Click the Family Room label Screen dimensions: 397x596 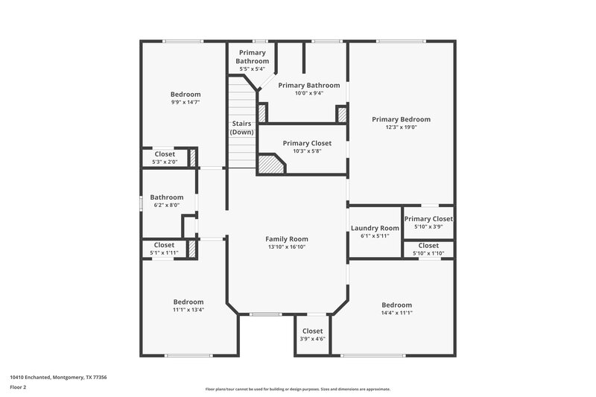click(x=287, y=239)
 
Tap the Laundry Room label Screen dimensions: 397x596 click(x=375, y=228)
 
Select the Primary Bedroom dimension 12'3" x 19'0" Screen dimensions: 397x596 click(x=401, y=127)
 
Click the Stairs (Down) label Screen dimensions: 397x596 click(x=241, y=127)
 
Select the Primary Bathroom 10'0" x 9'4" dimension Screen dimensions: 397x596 click(x=309, y=93)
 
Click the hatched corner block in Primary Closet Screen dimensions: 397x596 click(x=270, y=164)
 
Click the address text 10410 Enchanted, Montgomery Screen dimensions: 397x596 click(x=58, y=377)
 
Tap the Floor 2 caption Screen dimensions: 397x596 click(x=19, y=387)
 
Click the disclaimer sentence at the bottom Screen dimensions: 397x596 click(x=297, y=389)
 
